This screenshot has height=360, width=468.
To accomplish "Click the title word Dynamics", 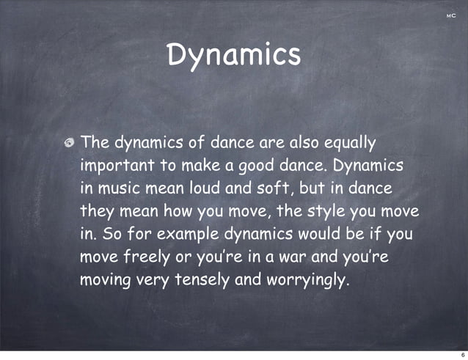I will [x=233, y=55].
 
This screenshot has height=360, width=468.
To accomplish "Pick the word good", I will [x=257, y=166].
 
